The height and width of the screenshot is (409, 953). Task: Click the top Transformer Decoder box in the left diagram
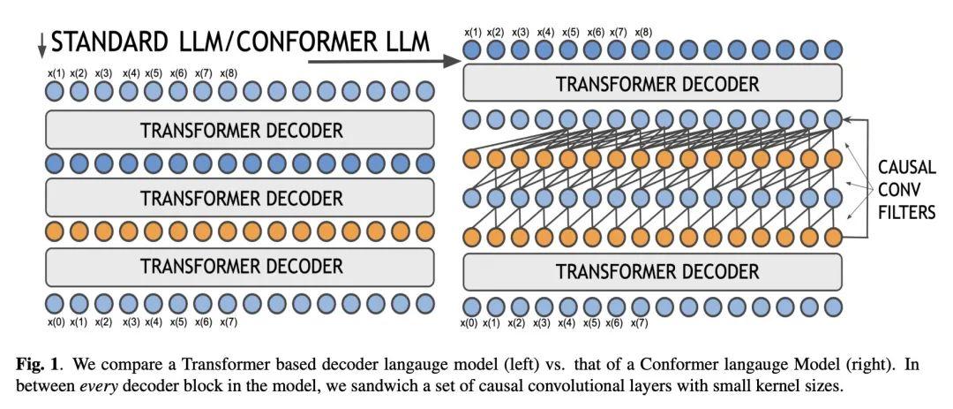(x=240, y=130)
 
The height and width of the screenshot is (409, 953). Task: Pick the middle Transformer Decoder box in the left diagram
(x=240, y=198)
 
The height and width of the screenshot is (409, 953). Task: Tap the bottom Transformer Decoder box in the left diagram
(x=240, y=266)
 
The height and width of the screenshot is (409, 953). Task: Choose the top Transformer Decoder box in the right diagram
(x=653, y=82)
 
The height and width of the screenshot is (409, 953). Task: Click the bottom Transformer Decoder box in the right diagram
(x=653, y=271)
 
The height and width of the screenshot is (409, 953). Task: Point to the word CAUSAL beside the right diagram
(x=906, y=167)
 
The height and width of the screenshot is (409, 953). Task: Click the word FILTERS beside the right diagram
(x=906, y=212)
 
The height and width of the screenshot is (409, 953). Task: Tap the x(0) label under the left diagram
(x=55, y=322)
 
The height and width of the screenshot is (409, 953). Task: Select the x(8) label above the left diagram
(x=229, y=73)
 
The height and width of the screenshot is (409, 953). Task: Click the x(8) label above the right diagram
(x=643, y=33)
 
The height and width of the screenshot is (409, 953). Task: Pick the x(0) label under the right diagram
(x=469, y=323)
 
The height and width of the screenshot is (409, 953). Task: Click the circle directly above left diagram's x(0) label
(x=55, y=303)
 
